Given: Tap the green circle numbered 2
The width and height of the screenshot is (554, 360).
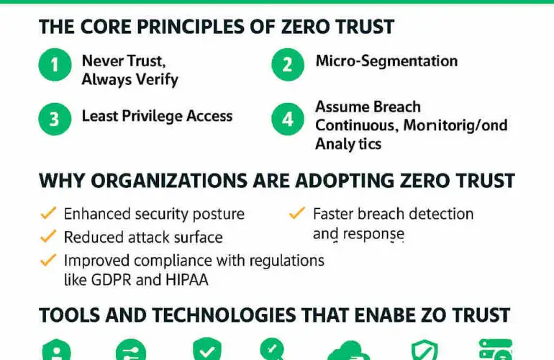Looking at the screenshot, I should pos(288,64).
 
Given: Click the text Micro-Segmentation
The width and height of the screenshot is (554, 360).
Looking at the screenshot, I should pos(386,60).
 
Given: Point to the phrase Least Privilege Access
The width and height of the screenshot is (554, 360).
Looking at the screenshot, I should pos(157,116).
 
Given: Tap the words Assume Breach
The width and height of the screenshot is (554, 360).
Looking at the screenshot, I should pos(368,107).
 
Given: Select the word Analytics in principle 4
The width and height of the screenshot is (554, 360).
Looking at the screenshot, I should pos(348,144).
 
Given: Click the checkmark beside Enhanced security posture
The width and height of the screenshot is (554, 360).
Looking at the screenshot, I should pos(47,214).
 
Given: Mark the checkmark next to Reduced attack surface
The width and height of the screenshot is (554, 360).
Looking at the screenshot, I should pos(47,237).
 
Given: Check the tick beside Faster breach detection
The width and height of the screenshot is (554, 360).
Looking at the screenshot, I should pos(296,214).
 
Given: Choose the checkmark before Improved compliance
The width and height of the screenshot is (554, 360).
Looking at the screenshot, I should pos(47,259).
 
